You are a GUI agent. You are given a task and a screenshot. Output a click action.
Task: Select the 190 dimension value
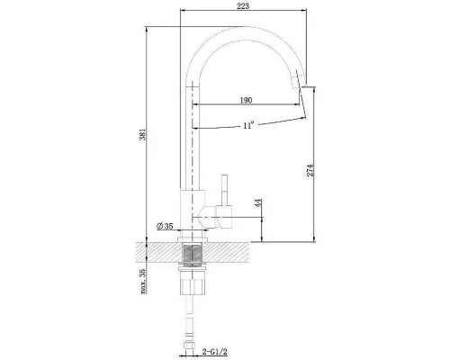point(245,101)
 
